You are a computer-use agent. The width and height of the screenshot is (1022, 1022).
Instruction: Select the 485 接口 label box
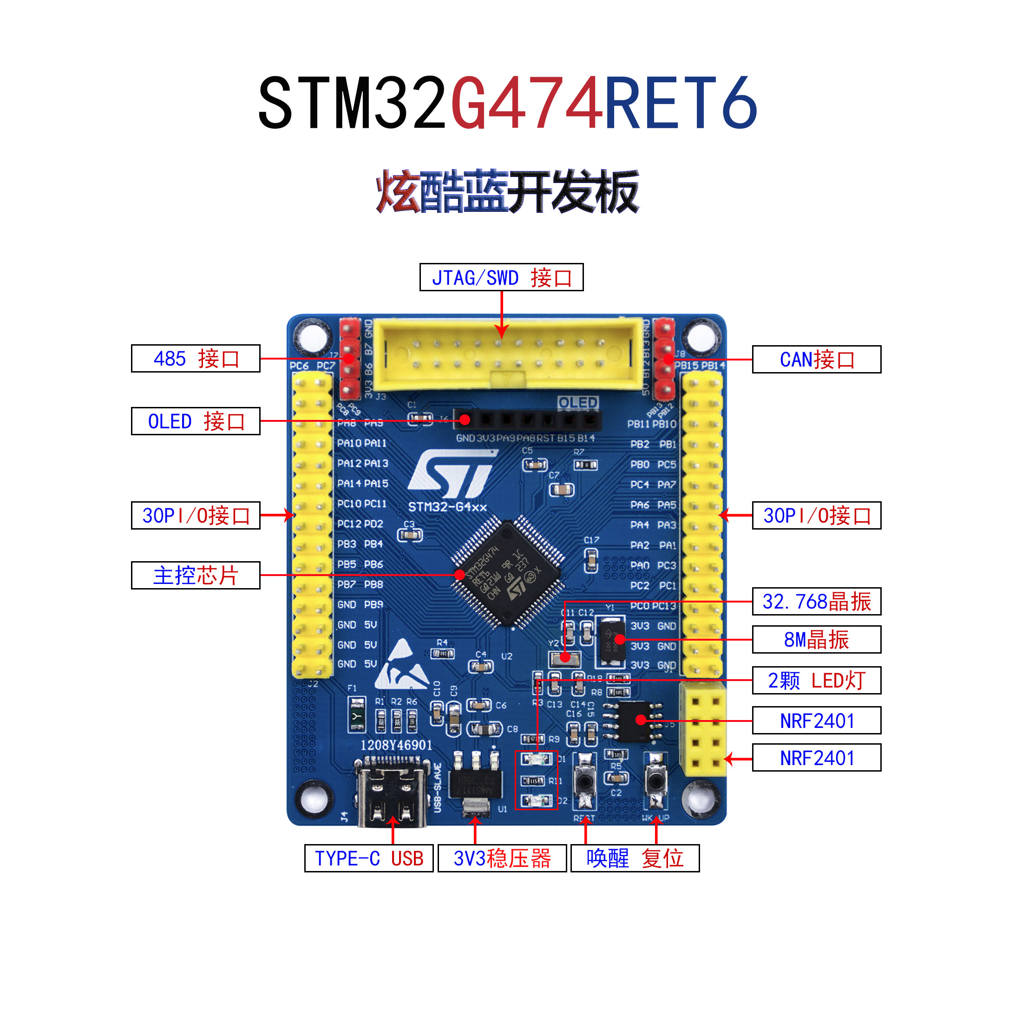click(195, 359)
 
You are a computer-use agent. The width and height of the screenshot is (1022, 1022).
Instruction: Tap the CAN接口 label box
click(816, 360)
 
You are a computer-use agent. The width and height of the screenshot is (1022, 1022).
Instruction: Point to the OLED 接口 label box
click(195, 421)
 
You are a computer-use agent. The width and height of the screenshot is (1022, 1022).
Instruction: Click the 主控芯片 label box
click(195, 575)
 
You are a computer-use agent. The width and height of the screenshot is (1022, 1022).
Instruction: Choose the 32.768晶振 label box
click(816, 602)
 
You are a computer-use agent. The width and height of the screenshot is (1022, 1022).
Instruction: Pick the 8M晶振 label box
click(816, 640)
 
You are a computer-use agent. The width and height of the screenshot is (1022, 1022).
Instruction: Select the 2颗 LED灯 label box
click(816, 680)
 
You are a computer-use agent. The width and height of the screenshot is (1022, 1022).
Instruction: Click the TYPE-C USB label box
click(369, 858)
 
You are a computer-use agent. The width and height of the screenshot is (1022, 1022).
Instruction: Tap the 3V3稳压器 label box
click(502, 858)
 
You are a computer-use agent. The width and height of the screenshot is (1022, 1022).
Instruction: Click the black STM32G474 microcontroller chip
click(507, 574)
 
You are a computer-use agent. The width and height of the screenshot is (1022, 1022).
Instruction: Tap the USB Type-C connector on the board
click(393, 792)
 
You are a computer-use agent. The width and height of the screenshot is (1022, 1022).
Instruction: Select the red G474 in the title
click(527, 103)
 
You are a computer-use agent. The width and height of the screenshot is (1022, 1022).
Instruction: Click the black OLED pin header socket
click(527, 420)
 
